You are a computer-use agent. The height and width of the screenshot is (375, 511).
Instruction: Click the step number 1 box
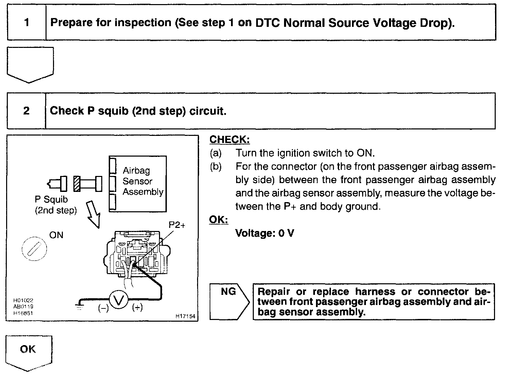27,23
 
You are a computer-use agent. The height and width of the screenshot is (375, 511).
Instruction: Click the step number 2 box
27,111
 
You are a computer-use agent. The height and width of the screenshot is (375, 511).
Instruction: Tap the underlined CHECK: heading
229,140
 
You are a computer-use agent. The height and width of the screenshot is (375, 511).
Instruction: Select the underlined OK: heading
218,220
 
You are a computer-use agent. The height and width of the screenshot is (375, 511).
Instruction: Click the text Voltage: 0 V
265,233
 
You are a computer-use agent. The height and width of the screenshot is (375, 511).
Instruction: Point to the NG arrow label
228,292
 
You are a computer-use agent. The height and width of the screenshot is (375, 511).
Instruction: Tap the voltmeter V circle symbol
118,300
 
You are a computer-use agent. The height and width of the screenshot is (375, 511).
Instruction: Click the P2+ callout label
177,225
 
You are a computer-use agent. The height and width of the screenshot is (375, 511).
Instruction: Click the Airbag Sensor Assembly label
143,181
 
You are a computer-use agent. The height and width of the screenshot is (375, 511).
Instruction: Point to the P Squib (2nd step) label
56,205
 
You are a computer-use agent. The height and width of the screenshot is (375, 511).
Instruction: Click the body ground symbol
80,306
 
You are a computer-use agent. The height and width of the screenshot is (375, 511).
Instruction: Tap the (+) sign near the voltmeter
137,308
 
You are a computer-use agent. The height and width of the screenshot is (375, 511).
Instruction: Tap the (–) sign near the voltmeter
103,308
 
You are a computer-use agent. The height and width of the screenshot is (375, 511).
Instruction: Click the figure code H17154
186,316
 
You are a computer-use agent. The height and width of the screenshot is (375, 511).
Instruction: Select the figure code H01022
23,300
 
